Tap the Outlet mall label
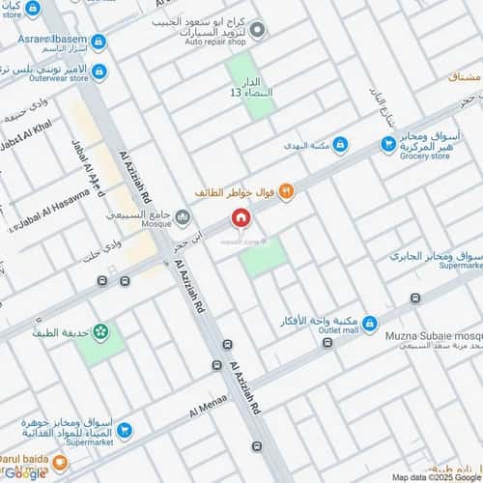pyautogui.click(x=337, y=328)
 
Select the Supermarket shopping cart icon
pyautogui.click(x=124, y=430)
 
